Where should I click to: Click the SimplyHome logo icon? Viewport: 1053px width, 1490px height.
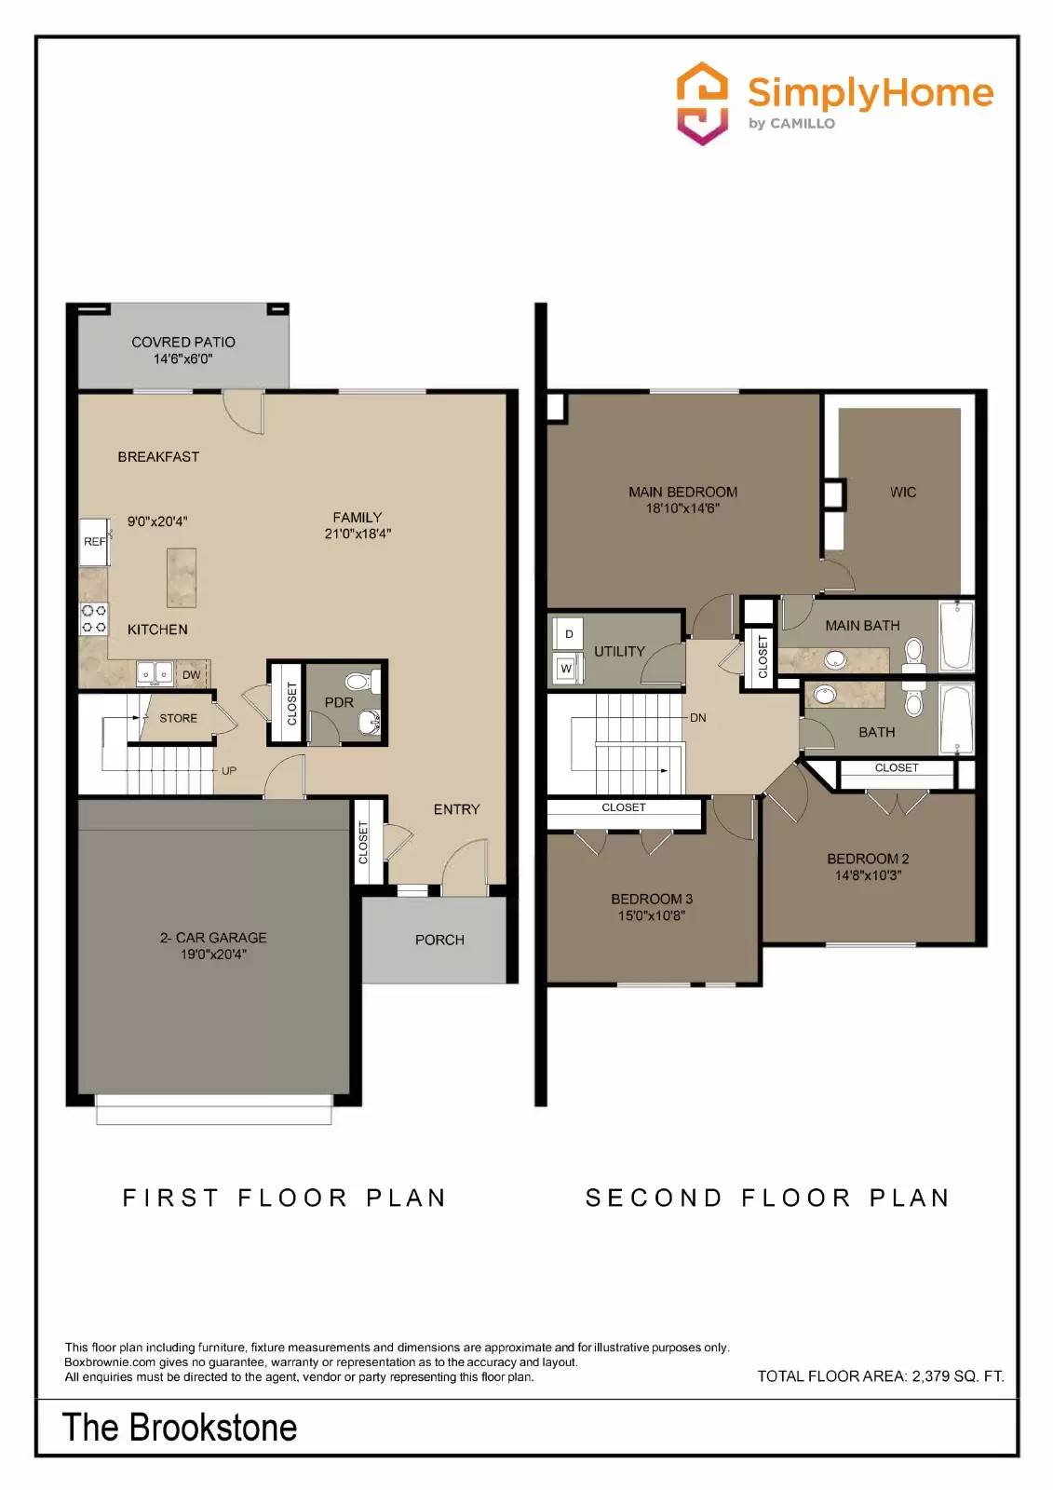(x=701, y=103)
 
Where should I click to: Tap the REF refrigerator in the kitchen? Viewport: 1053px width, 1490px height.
(x=94, y=541)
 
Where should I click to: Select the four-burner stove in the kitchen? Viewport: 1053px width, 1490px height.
(x=94, y=619)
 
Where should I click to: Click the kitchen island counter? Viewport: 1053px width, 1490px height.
(x=182, y=577)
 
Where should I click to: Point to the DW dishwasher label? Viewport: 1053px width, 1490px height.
(x=191, y=675)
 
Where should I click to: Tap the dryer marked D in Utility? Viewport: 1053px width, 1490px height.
(x=568, y=634)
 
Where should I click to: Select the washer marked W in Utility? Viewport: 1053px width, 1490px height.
(x=566, y=669)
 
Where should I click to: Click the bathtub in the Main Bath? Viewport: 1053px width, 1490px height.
(x=956, y=636)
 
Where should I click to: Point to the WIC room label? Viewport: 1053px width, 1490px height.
(x=902, y=492)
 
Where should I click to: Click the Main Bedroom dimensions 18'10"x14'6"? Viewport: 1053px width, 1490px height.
(x=682, y=508)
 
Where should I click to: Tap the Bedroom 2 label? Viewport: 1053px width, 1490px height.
(x=868, y=859)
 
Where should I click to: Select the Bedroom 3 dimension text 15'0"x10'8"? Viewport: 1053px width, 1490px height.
(x=651, y=915)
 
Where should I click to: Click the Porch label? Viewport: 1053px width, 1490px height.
(x=439, y=940)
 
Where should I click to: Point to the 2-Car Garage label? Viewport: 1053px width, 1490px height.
(x=213, y=938)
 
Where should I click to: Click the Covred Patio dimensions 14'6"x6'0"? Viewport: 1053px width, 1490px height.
(x=183, y=359)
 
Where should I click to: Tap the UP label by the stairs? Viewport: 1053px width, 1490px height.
(x=229, y=771)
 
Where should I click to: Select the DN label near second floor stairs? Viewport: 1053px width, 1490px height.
(x=698, y=718)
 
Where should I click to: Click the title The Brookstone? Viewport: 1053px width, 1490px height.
(x=180, y=1428)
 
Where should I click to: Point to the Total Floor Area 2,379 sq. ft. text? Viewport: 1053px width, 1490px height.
(x=880, y=1375)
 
